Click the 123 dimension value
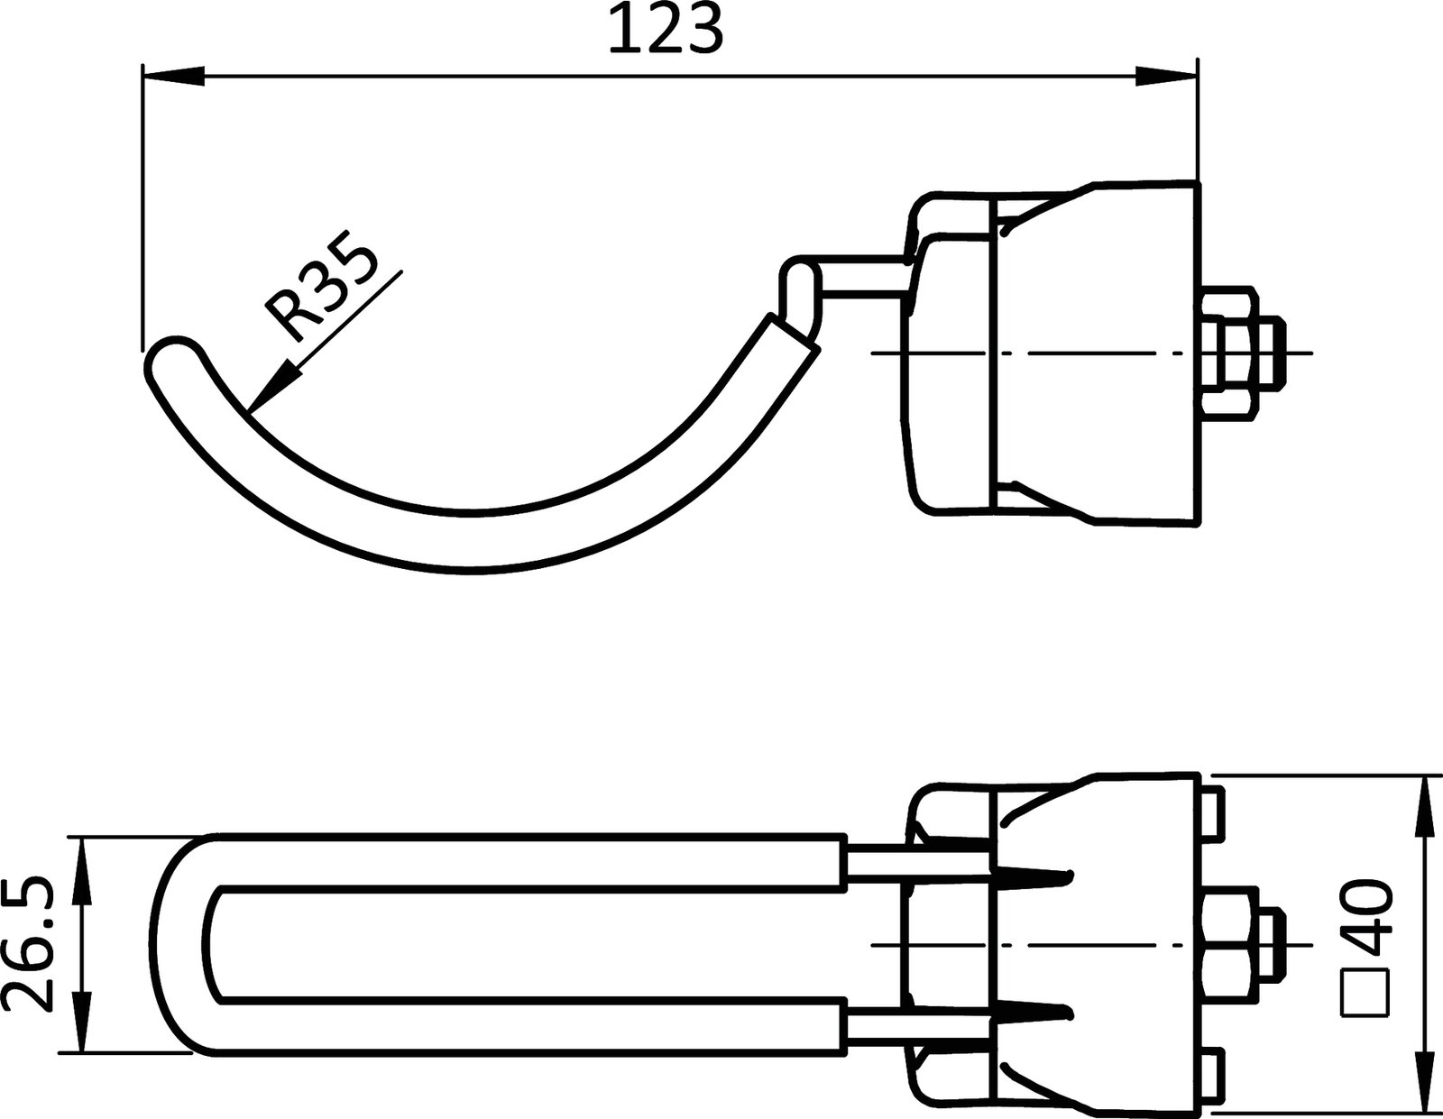666,31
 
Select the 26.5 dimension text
31,944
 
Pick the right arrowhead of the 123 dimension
1166,77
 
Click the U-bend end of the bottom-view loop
185,944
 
